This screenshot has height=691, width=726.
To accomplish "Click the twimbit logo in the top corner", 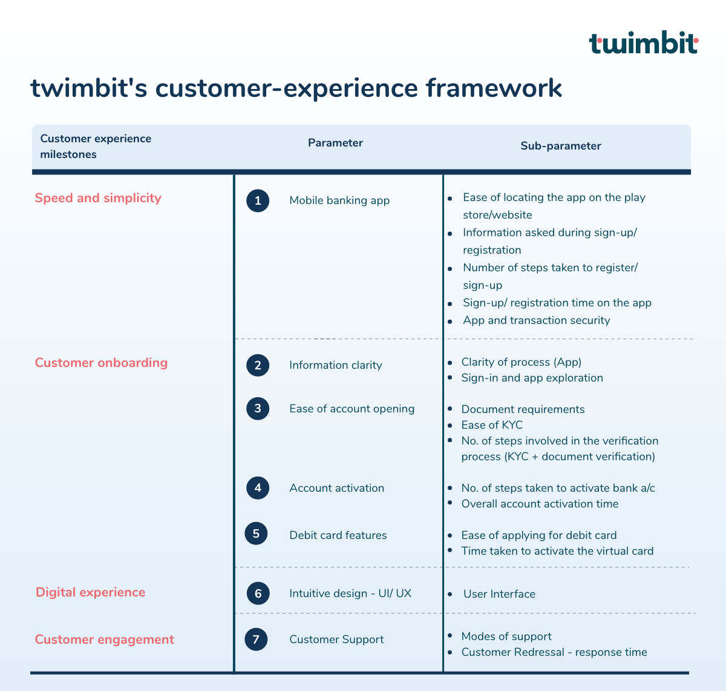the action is coord(643,42).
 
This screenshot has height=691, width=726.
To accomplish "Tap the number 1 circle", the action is coord(258,200).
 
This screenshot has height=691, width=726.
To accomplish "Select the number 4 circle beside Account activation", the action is coord(258,488).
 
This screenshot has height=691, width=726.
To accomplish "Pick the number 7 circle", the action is coord(256,640).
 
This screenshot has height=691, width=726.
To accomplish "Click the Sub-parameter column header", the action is coord(561,146).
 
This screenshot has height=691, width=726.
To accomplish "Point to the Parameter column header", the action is coord(335,143).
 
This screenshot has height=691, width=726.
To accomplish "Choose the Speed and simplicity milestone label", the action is coord(98,198).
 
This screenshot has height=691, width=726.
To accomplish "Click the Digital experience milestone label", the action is coord(91,592).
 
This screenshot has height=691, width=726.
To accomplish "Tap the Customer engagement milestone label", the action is coord(105,640).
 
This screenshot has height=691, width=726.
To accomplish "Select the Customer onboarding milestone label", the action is coord(101,363).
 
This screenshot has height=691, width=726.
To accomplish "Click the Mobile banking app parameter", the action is coord(339,200).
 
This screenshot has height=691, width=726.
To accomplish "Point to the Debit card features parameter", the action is coord(338,535).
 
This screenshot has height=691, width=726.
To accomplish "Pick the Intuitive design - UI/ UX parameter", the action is coord(350,593).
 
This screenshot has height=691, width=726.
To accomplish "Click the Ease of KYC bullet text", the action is coord(492,425).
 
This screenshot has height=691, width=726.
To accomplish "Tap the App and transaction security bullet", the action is coord(536,320).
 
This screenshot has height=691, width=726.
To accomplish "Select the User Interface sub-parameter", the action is coord(499,594).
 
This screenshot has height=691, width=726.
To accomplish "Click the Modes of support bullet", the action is coord(506,636).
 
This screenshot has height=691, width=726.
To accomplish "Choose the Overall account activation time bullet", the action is coord(540,503).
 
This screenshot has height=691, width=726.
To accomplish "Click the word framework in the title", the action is coord(494,88).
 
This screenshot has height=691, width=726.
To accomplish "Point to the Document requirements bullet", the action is coord(523,409).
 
